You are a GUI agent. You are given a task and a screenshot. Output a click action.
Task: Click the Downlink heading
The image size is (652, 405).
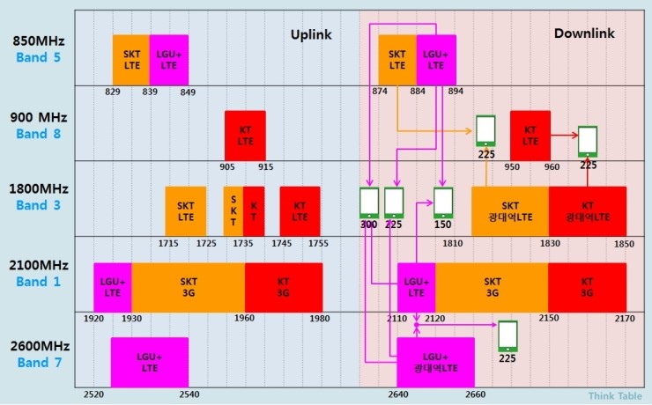[x=584, y=33]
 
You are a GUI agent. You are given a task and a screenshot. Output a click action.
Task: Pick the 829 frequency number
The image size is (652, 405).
[x=113, y=92]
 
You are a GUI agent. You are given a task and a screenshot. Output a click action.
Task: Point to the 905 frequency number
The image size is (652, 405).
[x=227, y=166]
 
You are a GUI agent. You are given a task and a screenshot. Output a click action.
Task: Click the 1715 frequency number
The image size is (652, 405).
[x=168, y=243]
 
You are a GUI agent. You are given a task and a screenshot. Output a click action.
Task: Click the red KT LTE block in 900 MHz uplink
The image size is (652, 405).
[x=245, y=135]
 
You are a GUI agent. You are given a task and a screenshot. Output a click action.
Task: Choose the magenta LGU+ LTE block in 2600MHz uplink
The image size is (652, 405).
[x=149, y=362]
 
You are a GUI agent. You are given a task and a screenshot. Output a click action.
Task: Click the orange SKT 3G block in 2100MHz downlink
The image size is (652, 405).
[x=492, y=287]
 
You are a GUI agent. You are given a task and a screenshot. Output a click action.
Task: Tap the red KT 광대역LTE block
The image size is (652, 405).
[x=587, y=211]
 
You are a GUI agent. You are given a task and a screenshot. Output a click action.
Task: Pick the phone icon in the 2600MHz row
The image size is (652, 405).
[x=508, y=335]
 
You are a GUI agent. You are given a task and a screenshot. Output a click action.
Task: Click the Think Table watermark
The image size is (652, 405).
[x=614, y=396]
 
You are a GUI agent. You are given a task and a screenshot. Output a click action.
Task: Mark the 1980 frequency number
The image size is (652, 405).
[x=321, y=319]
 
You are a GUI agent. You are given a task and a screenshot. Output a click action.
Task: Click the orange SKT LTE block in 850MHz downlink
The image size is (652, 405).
[x=397, y=59]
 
